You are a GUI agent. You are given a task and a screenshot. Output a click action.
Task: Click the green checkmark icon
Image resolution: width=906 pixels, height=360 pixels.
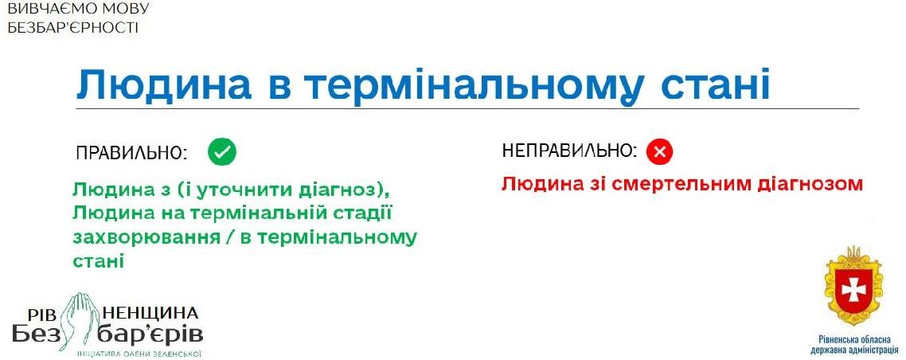[x=222, y=152]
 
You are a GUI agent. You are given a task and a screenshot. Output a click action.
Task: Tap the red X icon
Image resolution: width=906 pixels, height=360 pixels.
[x=660, y=152]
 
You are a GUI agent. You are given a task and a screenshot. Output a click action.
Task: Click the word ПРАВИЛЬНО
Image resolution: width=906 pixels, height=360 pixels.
[x=132, y=153]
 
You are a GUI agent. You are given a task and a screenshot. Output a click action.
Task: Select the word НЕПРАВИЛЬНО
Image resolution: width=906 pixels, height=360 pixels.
[x=570, y=151]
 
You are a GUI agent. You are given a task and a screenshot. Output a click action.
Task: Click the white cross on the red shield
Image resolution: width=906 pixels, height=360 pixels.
[x=852, y=290]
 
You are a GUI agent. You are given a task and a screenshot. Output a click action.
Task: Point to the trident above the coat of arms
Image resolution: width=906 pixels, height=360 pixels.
[x=853, y=253]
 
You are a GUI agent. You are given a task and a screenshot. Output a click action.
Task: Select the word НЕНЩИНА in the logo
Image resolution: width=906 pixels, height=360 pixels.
[x=150, y=313]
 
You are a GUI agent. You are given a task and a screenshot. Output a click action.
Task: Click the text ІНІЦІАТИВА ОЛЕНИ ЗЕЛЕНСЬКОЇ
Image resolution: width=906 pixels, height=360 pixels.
[x=139, y=352]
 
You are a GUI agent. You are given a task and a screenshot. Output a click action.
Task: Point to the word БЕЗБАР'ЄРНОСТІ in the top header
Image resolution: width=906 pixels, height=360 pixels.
[x=72, y=27]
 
